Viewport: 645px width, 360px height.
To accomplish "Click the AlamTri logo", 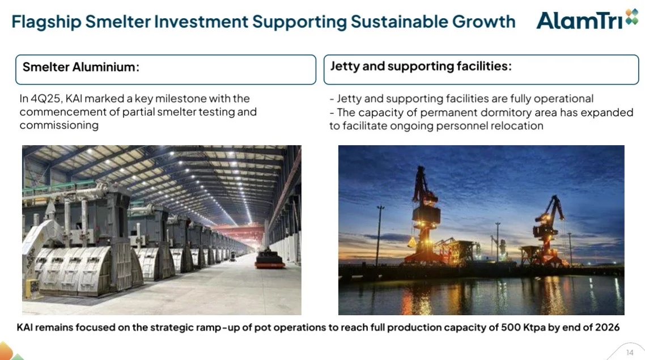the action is pos(587,20).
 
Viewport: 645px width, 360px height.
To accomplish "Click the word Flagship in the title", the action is pos(46,22).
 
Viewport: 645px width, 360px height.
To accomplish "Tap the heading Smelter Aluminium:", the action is pos(80,67).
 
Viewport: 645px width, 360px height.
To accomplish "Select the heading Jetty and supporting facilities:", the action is pos(421,66).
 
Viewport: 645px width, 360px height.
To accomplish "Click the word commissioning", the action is pos(59,125).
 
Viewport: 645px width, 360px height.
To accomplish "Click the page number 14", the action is pos(629,352).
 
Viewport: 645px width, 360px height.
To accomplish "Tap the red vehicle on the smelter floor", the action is pos(269,259).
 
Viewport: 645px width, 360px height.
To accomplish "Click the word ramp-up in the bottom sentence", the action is pos(220,328).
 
